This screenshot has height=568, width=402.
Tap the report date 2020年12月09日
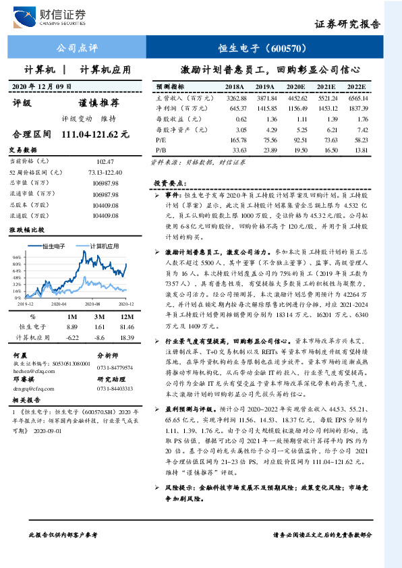[42, 87]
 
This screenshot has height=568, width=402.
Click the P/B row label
[161, 149]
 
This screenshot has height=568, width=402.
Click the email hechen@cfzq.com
[28, 370]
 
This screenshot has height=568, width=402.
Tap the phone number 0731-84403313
[115, 389]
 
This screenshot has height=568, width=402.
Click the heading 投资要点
[168, 183]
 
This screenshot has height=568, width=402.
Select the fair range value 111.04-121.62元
[95, 134]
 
